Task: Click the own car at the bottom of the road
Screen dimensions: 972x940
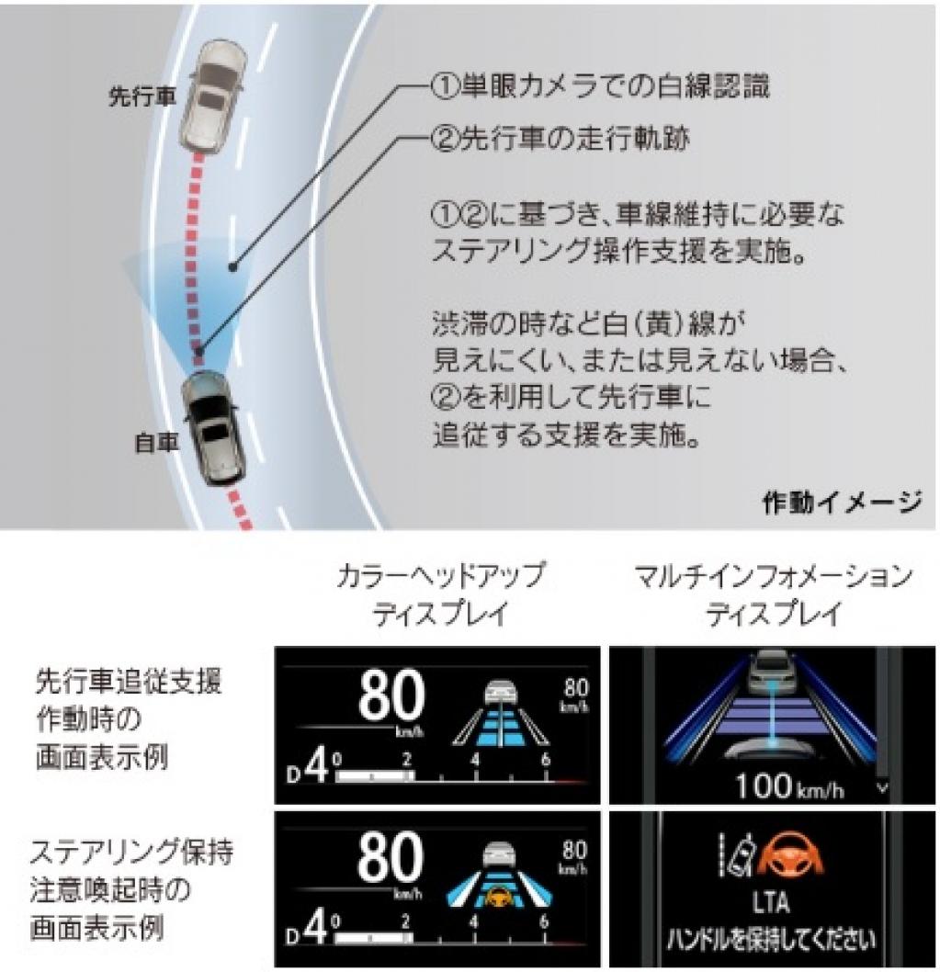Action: [213, 427]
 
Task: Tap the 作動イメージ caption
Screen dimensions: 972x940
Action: [840, 502]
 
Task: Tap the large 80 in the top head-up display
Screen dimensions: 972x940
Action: [392, 695]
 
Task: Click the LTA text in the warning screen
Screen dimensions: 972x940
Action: [770, 904]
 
